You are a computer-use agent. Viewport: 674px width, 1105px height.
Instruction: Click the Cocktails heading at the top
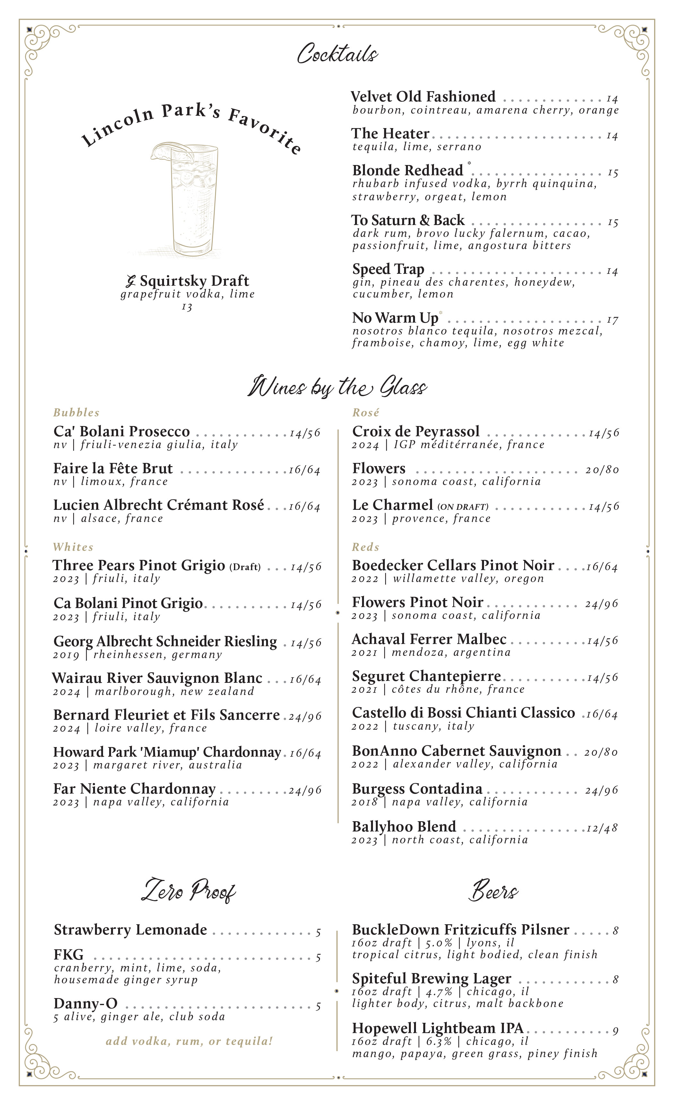click(337, 54)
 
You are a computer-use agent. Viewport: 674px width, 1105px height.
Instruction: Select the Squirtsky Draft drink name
click(194, 281)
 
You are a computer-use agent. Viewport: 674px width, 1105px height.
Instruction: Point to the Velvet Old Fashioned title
click(423, 97)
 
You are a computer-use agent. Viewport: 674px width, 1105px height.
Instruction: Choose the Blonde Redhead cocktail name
click(407, 170)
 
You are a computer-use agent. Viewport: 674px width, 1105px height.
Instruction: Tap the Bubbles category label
click(76, 413)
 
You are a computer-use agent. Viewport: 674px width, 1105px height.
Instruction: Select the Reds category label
click(366, 547)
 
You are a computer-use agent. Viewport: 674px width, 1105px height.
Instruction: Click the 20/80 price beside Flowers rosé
click(602, 470)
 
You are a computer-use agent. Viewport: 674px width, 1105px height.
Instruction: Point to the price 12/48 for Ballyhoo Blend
click(602, 828)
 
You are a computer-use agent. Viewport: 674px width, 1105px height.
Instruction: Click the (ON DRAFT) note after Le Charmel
click(463, 507)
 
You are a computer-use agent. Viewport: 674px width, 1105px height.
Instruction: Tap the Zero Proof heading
click(189, 891)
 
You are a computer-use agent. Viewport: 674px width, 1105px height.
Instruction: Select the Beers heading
click(493, 891)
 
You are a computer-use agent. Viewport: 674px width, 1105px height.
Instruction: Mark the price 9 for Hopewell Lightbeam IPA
click(616, 1031)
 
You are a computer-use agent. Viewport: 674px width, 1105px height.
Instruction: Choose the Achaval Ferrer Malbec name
click(429, 639)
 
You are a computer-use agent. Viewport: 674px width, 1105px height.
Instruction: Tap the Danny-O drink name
click(85, 1003)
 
